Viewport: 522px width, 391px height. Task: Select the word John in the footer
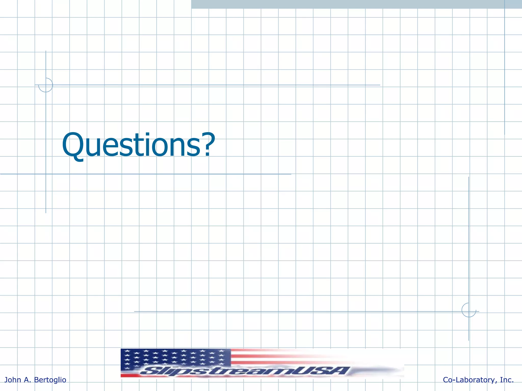tap(13, 380)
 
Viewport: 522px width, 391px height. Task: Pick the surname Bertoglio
tap(50, 380)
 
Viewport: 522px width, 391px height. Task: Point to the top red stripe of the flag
tap(268, 351)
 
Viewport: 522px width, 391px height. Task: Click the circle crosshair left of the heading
tap(46, 85)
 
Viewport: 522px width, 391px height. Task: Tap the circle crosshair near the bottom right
tap(469, 310)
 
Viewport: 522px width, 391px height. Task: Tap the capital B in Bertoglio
tap(36, 380)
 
